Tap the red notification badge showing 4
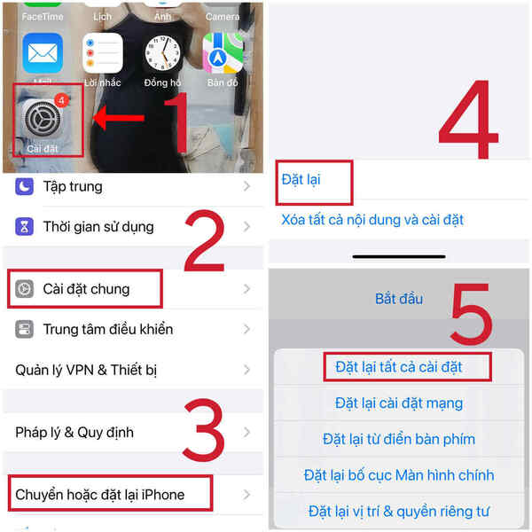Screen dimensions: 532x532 point(62,100)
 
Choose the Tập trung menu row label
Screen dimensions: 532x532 point(73,186)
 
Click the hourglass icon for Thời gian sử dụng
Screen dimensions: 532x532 point(25,227)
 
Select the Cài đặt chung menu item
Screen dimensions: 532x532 point(85,289)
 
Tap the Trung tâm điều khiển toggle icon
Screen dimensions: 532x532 point(25,330)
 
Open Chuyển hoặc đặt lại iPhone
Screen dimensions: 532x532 point(99,494)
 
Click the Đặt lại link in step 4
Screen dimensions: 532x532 point(301,179)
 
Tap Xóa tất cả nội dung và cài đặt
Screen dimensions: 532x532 point(372,219)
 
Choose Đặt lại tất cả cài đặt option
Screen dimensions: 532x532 point(399,366)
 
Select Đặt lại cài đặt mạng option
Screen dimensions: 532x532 point(399,403)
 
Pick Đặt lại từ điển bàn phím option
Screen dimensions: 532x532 point(399,439)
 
